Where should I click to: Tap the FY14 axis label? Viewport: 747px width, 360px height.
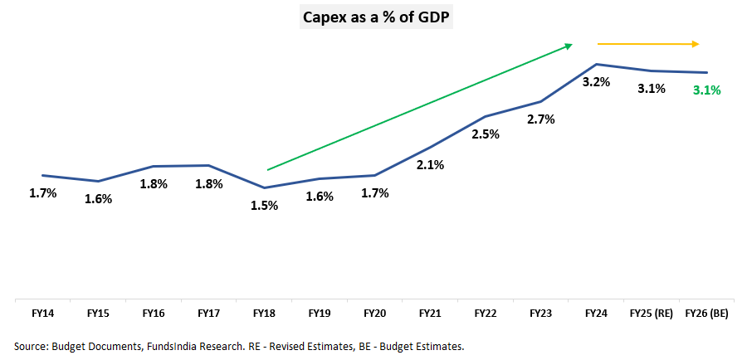tap(42, 314)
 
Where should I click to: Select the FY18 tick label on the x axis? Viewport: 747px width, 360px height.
tap(264, 314)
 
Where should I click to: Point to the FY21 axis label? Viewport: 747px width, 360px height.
tap(430, 314)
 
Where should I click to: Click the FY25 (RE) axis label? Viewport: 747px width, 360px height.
tap(652, 314)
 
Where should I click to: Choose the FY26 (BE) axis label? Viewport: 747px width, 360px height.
tap(707, 314)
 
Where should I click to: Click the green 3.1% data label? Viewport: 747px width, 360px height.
tap(707, 90)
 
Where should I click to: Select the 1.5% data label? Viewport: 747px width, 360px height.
tap(264, 206)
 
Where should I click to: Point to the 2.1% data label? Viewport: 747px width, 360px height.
tap(430, 164)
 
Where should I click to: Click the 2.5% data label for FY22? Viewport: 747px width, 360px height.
tap(486, 134)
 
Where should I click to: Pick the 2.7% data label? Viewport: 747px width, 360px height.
tap(541, 119)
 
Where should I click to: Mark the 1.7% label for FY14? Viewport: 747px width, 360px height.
tap(42, 193)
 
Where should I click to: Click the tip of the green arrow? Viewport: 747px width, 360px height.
tap(572, 44)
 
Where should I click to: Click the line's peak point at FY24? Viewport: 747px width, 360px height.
tap(596, 64)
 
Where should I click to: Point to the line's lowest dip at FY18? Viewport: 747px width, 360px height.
tap(264, 187)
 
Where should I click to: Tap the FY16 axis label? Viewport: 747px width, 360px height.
tap(154, 314)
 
